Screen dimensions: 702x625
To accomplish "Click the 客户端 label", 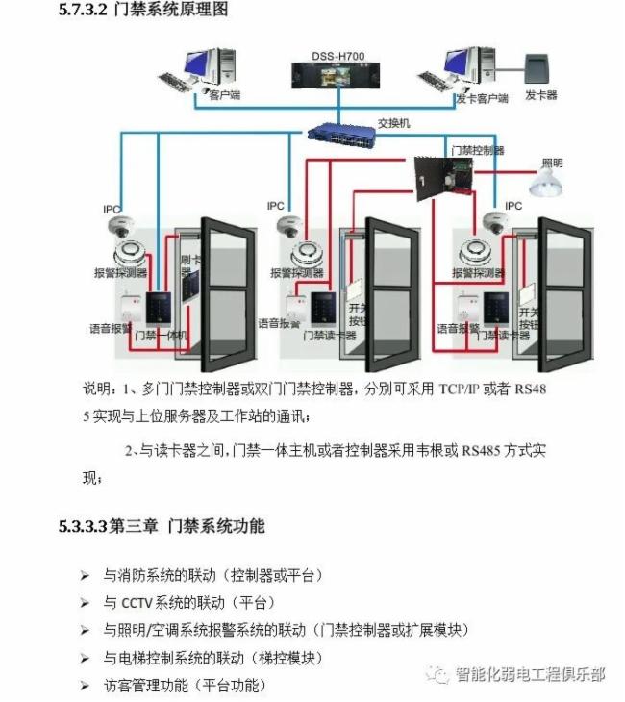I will [224, 96].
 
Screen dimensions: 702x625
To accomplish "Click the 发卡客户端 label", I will [482, 98].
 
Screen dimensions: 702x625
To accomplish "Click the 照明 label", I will [553, 163].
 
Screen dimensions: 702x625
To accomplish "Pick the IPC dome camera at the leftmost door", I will [118, 227].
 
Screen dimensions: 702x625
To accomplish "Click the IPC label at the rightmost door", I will [513, 206].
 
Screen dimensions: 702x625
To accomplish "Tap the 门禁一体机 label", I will [161, 336].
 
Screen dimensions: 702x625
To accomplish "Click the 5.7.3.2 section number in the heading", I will [82, 11].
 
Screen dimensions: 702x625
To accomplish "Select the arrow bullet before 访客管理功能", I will [86, 686].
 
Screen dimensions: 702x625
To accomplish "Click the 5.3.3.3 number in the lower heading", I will [82, 526].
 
